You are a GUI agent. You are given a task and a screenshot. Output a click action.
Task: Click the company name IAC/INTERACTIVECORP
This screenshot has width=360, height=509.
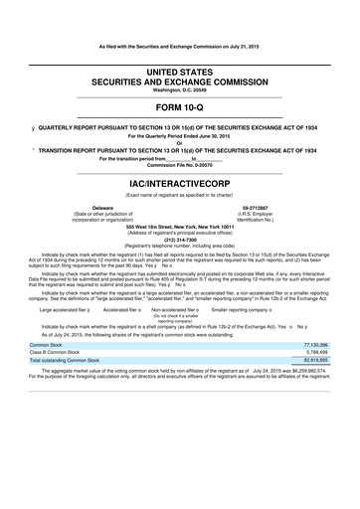coord(180,184)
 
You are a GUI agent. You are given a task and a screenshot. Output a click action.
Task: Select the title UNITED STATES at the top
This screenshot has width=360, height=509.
coord(180,62)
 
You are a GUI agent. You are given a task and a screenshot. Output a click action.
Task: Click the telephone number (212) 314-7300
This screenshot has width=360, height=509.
coord(180,239)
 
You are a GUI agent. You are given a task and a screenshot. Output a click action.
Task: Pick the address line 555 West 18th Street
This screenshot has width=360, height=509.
coord(180,225)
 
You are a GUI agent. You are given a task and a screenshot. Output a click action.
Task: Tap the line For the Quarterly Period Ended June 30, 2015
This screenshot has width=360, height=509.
coord(180,135)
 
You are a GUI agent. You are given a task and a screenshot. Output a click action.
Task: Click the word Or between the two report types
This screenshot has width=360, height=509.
coord(180,143)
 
